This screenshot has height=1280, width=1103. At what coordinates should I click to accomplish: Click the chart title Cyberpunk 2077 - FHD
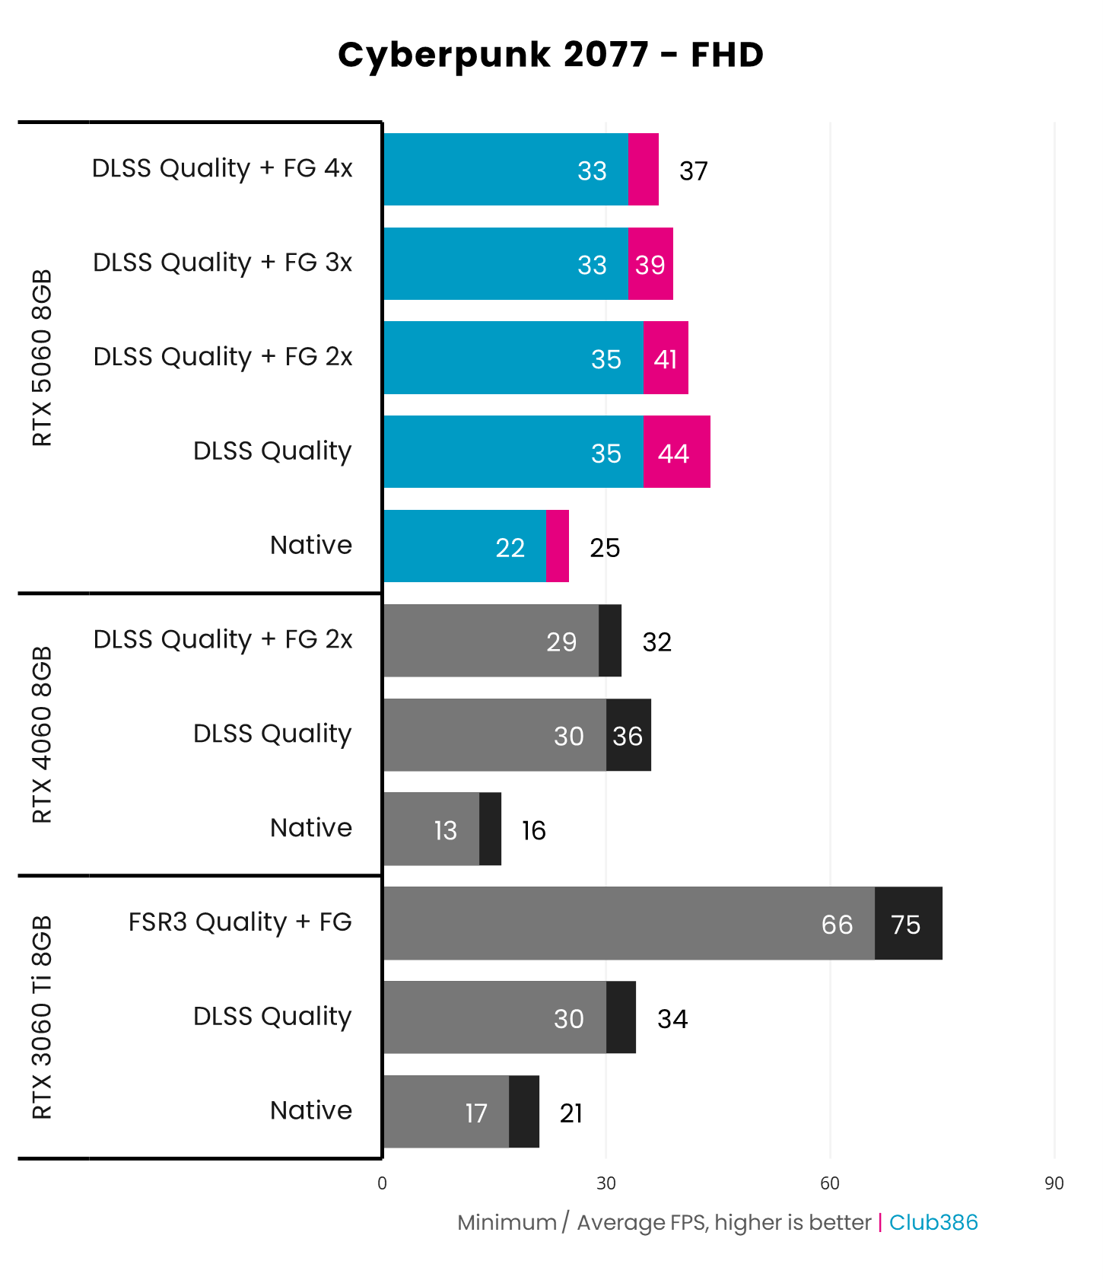(x=551, y=55)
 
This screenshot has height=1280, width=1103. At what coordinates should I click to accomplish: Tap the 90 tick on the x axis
(x=1054, y=1183)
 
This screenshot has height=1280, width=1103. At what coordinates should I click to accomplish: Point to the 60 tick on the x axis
(x=829, y=1183)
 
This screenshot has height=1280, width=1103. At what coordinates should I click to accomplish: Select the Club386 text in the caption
(x=933, y=1222)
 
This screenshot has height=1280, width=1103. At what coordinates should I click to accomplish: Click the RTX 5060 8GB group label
(x=43, y=358)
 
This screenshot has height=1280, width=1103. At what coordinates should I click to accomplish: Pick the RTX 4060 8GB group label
(x=43, y=734)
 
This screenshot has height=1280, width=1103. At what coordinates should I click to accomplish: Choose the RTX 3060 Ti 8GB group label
(x=43, y=1017)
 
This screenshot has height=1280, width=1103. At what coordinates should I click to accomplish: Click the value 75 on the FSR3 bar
(x=905, y=925)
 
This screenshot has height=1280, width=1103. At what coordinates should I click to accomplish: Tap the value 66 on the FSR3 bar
(x=837, y=925)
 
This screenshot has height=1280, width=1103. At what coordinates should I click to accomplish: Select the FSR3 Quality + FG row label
(x=240, y=922)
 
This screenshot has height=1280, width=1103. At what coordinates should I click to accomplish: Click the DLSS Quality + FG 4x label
(x=222, y=168)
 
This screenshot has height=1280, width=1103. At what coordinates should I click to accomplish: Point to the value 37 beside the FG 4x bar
(x=693, y=171)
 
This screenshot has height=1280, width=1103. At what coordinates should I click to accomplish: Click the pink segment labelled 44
(x=675, y=453)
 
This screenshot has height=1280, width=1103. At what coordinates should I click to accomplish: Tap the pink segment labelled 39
(x=650, y=265)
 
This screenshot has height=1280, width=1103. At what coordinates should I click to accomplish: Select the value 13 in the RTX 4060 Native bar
(x=445, y=830)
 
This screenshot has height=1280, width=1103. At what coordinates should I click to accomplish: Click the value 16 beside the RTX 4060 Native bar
(x=533, y=830)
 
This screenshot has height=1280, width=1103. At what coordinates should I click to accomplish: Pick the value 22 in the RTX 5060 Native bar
(x=510, y=548)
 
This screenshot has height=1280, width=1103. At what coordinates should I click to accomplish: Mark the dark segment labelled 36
(x=628, y=736)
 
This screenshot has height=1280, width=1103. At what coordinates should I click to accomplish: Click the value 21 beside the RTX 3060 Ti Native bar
(x=571, y=1113)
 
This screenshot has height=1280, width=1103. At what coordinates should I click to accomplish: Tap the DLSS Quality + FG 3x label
(x=222, y=263)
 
